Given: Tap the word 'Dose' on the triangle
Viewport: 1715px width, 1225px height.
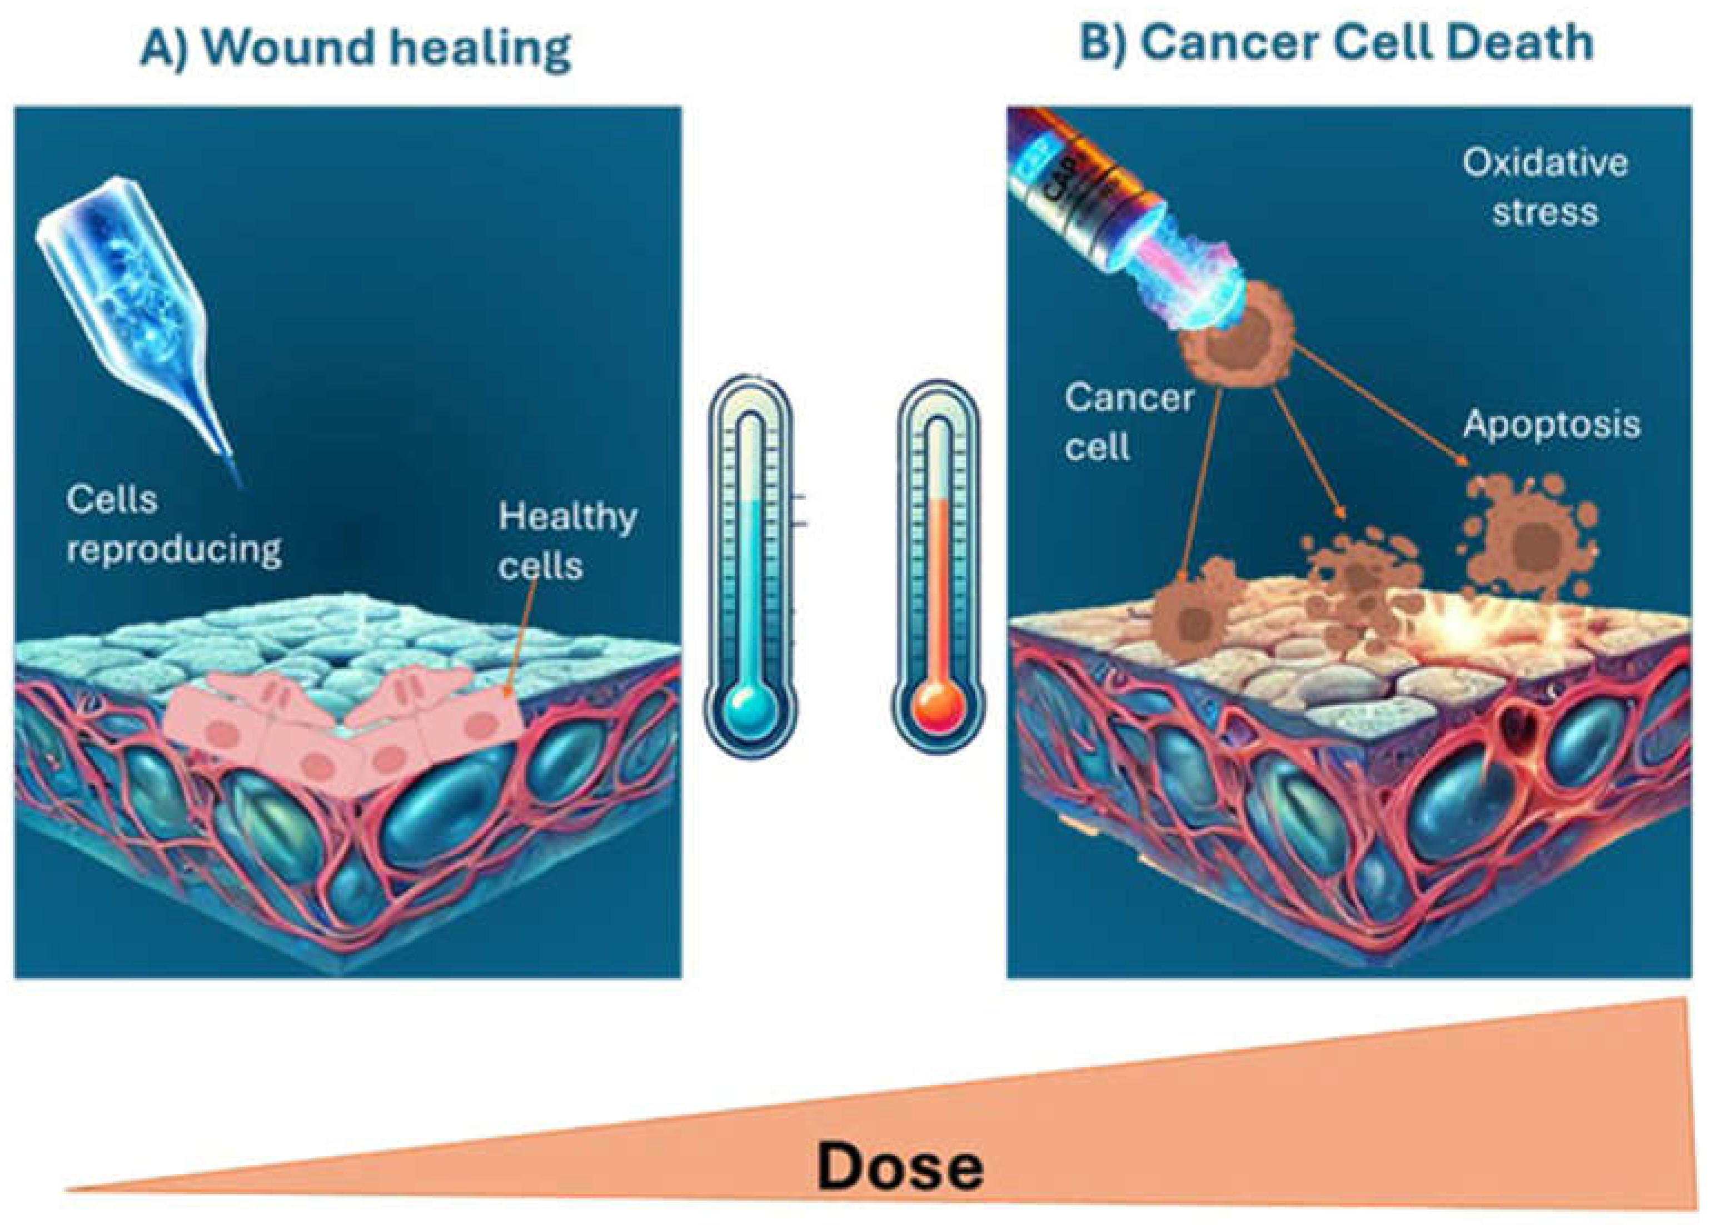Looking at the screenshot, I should (x=900, y=1168).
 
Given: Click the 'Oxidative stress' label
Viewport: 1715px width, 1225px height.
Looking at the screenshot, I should (x=1544, y=187).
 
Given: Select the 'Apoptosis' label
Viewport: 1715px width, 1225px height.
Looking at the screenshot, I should (x=1552, y=425).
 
